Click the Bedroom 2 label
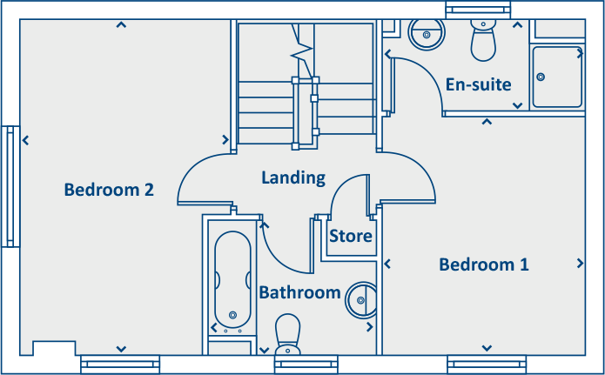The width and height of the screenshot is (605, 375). [109, 190]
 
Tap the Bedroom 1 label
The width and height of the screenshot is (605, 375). [483, 265]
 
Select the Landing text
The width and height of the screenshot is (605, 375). [293, 178]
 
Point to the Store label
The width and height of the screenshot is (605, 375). [351, 236]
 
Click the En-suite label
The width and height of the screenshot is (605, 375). [478, 84]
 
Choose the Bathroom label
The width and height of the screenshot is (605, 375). [299, 292]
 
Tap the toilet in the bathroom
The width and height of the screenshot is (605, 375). [287, 335]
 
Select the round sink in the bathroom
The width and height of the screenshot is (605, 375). [360, 299]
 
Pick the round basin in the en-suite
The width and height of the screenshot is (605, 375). [427, 34]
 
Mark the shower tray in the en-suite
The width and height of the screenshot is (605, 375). [557, 76]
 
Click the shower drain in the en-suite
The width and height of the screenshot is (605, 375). [541, 77]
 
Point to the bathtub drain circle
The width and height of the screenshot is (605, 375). [232, 315]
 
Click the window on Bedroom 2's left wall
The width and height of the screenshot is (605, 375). [11, 186]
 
